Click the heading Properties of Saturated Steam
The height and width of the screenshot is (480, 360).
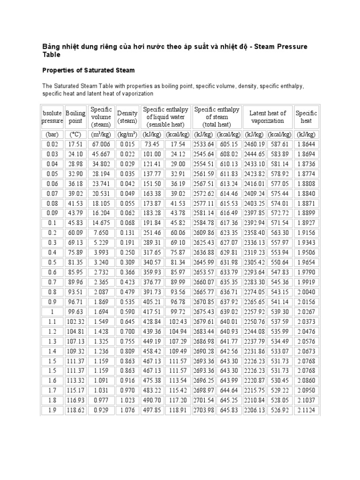(x=89, y=70)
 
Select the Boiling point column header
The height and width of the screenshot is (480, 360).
(x=75, y=117)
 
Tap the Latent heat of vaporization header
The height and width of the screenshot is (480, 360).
(x=267, y=117)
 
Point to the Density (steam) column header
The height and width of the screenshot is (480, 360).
(x=127, y=117)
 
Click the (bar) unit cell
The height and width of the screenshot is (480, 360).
(x=52, y=134)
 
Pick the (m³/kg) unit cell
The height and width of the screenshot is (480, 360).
(x=101, y=134)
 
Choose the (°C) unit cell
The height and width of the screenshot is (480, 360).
(x=75, y=134)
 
